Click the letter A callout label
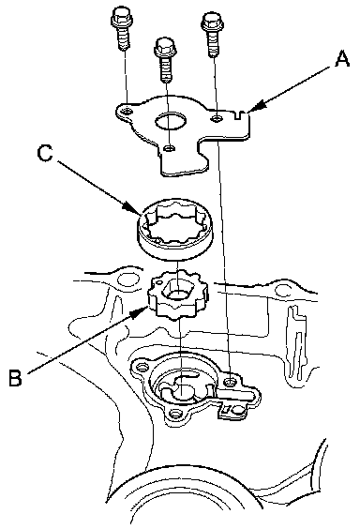342,60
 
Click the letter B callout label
16,377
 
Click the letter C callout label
45,153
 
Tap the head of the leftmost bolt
120,18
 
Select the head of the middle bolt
164,47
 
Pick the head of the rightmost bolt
211,22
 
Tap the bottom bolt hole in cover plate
170,148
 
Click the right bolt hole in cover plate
217,118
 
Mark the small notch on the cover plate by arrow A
240,114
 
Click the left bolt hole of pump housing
142,366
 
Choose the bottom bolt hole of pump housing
175,413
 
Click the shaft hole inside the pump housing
182,392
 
